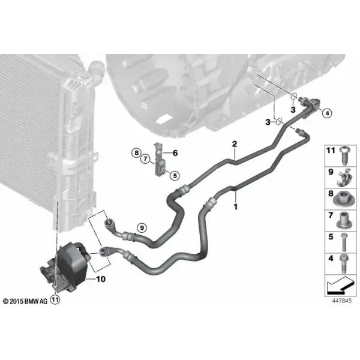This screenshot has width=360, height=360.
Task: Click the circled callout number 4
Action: pyautogui.click(x=327, y=113)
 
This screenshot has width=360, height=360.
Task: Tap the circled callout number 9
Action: pyautogui.click(x=142, y=228)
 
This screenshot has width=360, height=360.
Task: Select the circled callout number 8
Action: pyautogui.click(x=136, y=152)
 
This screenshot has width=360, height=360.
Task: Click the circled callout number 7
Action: pyautogui.click(x=145, y=158)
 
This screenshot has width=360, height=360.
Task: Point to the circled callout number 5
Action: pyautogui.click(x=175, y=176)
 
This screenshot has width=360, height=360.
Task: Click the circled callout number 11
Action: pyautogui.click(x=55, y=299)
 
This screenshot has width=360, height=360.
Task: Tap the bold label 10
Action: pyautogui.click(x=101, y=279)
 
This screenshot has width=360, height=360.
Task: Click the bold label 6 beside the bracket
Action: pyautogui.click(x=175, y=152)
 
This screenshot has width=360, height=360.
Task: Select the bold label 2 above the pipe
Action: pyautogui.click(x=235, y=144)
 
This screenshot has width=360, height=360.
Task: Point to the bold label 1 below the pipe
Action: pyautogui.click(x=236, y=206)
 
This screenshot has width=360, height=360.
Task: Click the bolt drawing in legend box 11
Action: pyautogui.click(x=343, y=155)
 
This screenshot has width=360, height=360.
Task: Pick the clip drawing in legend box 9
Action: pyautogui.click(x=344, y=177)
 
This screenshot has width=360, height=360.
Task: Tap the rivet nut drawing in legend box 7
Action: pyautogui.click(x=344, y=220)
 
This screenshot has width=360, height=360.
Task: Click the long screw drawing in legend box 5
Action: pyautogui.click(x=344, y=242)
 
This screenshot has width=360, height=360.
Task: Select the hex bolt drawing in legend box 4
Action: pyautogui.click(x=343, y=263)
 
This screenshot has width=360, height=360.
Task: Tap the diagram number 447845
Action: pyautogui.click(x=342, y=301)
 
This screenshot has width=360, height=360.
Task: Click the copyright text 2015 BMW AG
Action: pyautogui.click(x=25, y=301)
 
